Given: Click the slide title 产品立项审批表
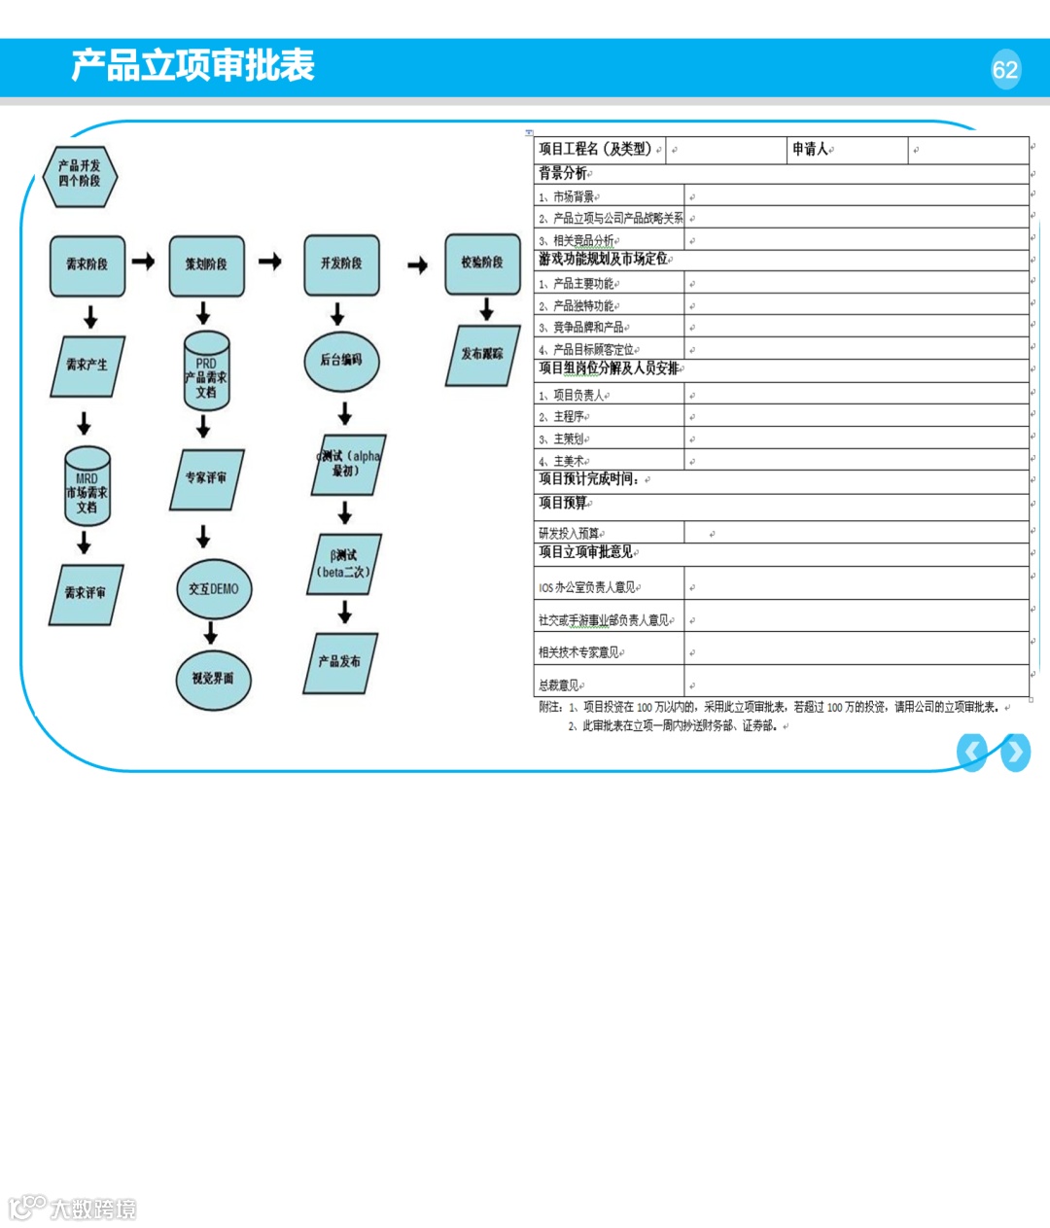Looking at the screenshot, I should point(192,65).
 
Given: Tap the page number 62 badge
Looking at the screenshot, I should point(1005,69).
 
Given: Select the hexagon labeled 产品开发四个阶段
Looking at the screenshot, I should point(79,175).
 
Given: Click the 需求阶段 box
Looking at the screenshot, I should point(87,264).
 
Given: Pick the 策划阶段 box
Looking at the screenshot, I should point(206,264).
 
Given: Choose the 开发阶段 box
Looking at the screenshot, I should point(341,263).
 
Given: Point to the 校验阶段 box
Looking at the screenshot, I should point(482,263).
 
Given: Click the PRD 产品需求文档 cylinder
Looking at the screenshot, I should point(206,372).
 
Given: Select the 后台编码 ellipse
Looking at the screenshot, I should point(341,360).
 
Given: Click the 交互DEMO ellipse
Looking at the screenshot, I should point(214,589).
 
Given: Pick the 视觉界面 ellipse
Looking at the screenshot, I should point(213,679).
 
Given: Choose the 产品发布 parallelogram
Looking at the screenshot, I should point(339,662).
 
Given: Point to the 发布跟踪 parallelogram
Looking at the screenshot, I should point(483,355).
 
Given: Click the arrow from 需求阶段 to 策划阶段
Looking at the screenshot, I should point(143,262).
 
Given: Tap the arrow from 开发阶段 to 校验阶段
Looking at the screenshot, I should point(417,265).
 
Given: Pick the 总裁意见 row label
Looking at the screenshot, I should point(561,684).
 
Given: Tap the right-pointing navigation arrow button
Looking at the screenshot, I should point(1015,752).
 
